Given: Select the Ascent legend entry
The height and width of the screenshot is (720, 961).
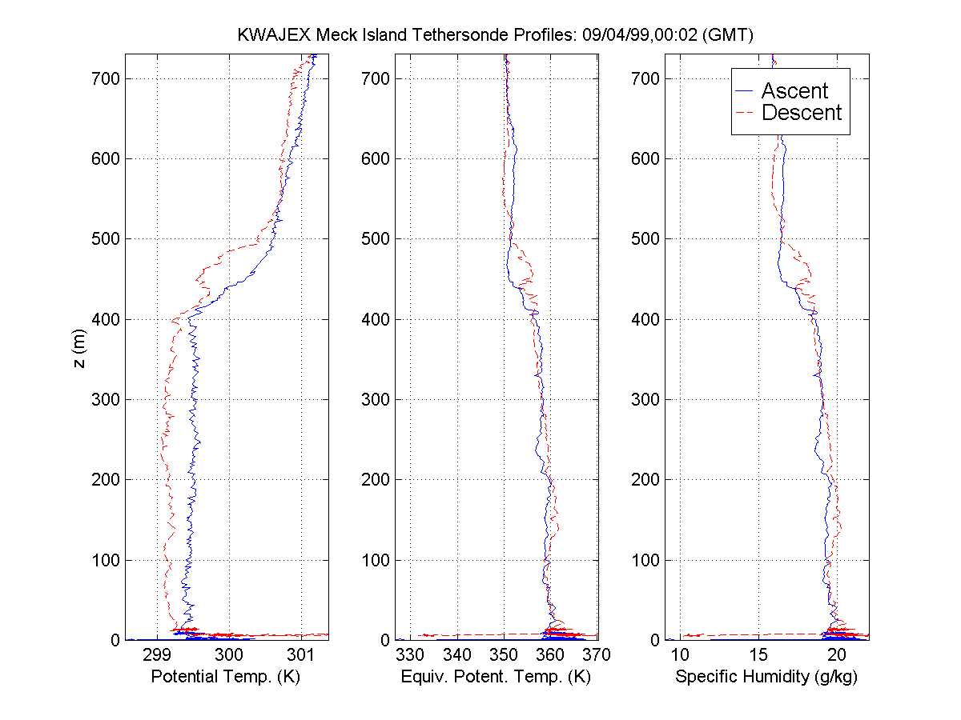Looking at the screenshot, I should pyautogui.click(x=794, y=90).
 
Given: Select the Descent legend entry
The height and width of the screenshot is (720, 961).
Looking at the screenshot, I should pyautogui.click(x=801, y=113).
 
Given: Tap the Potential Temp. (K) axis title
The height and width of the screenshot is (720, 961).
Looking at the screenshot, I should pyautogui.click(x=225, y=677).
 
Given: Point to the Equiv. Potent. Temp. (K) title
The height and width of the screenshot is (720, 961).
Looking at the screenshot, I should pyautogui.click(x=495, y=677).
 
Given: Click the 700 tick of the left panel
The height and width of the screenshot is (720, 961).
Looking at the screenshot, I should pyautogui.click(x=104, y=78).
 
